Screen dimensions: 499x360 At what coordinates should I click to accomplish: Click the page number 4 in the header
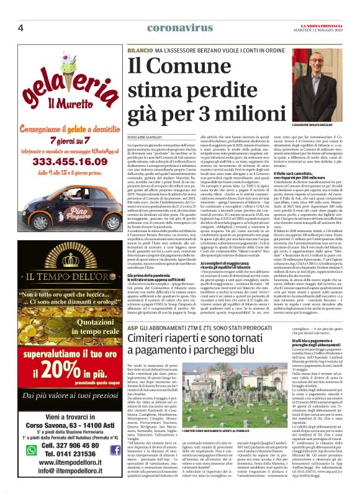pyautogui.click(x=20, y=28)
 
